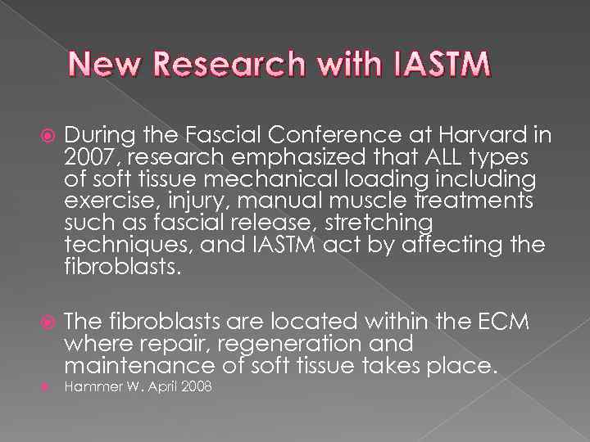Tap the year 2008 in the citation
(195, 386)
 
